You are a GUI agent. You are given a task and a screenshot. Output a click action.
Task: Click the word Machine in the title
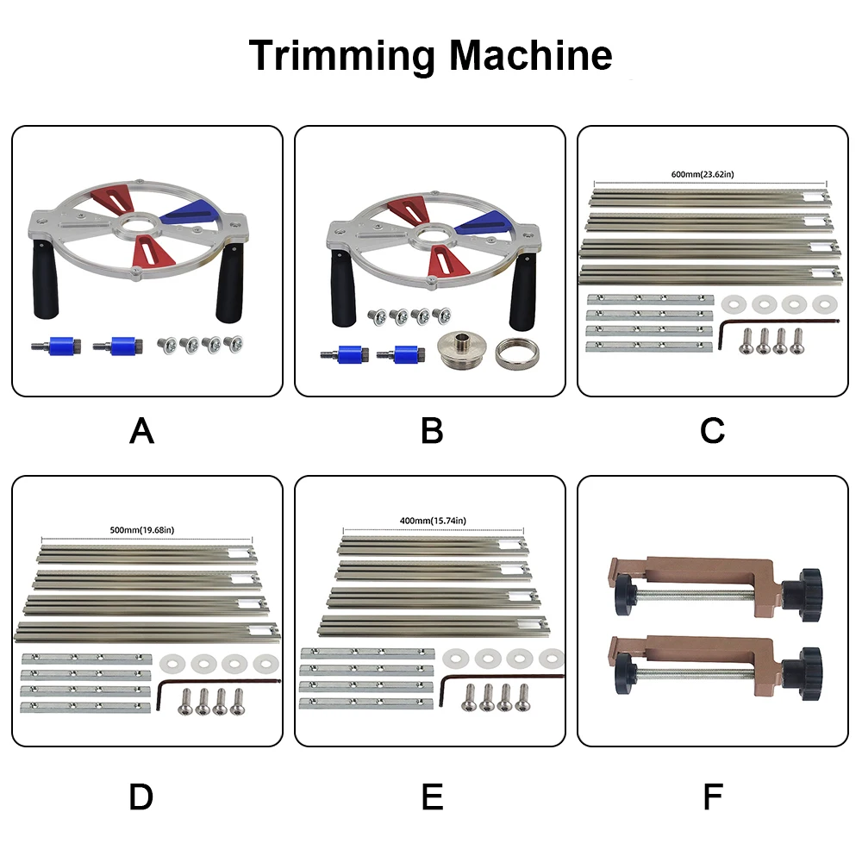coord(530,56)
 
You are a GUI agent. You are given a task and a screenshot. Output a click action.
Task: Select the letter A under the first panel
coord(141,431)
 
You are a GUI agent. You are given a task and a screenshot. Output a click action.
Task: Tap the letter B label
coord(432,431)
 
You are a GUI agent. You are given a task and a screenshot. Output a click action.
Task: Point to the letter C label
coord(712,431)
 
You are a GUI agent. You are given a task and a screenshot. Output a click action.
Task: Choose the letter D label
coord(141,797)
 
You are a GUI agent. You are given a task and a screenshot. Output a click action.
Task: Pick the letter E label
coord(432,797)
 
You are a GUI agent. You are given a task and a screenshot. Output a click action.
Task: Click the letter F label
coord(712,797)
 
